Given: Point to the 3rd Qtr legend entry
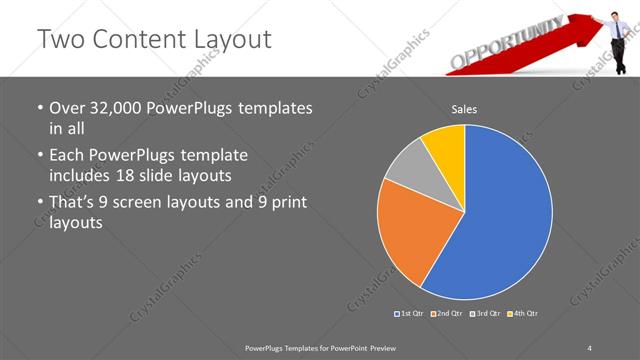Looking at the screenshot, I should coord(486,314).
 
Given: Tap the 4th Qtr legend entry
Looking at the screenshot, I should coord(523,314).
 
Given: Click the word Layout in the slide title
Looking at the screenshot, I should coord(225,39).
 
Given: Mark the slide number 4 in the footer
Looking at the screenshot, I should coord(589,347).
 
